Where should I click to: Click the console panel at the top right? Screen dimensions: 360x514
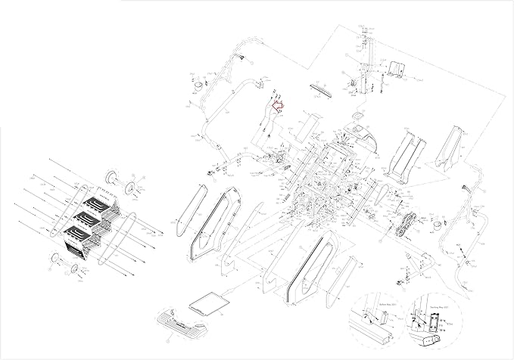(x=396, y=69)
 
